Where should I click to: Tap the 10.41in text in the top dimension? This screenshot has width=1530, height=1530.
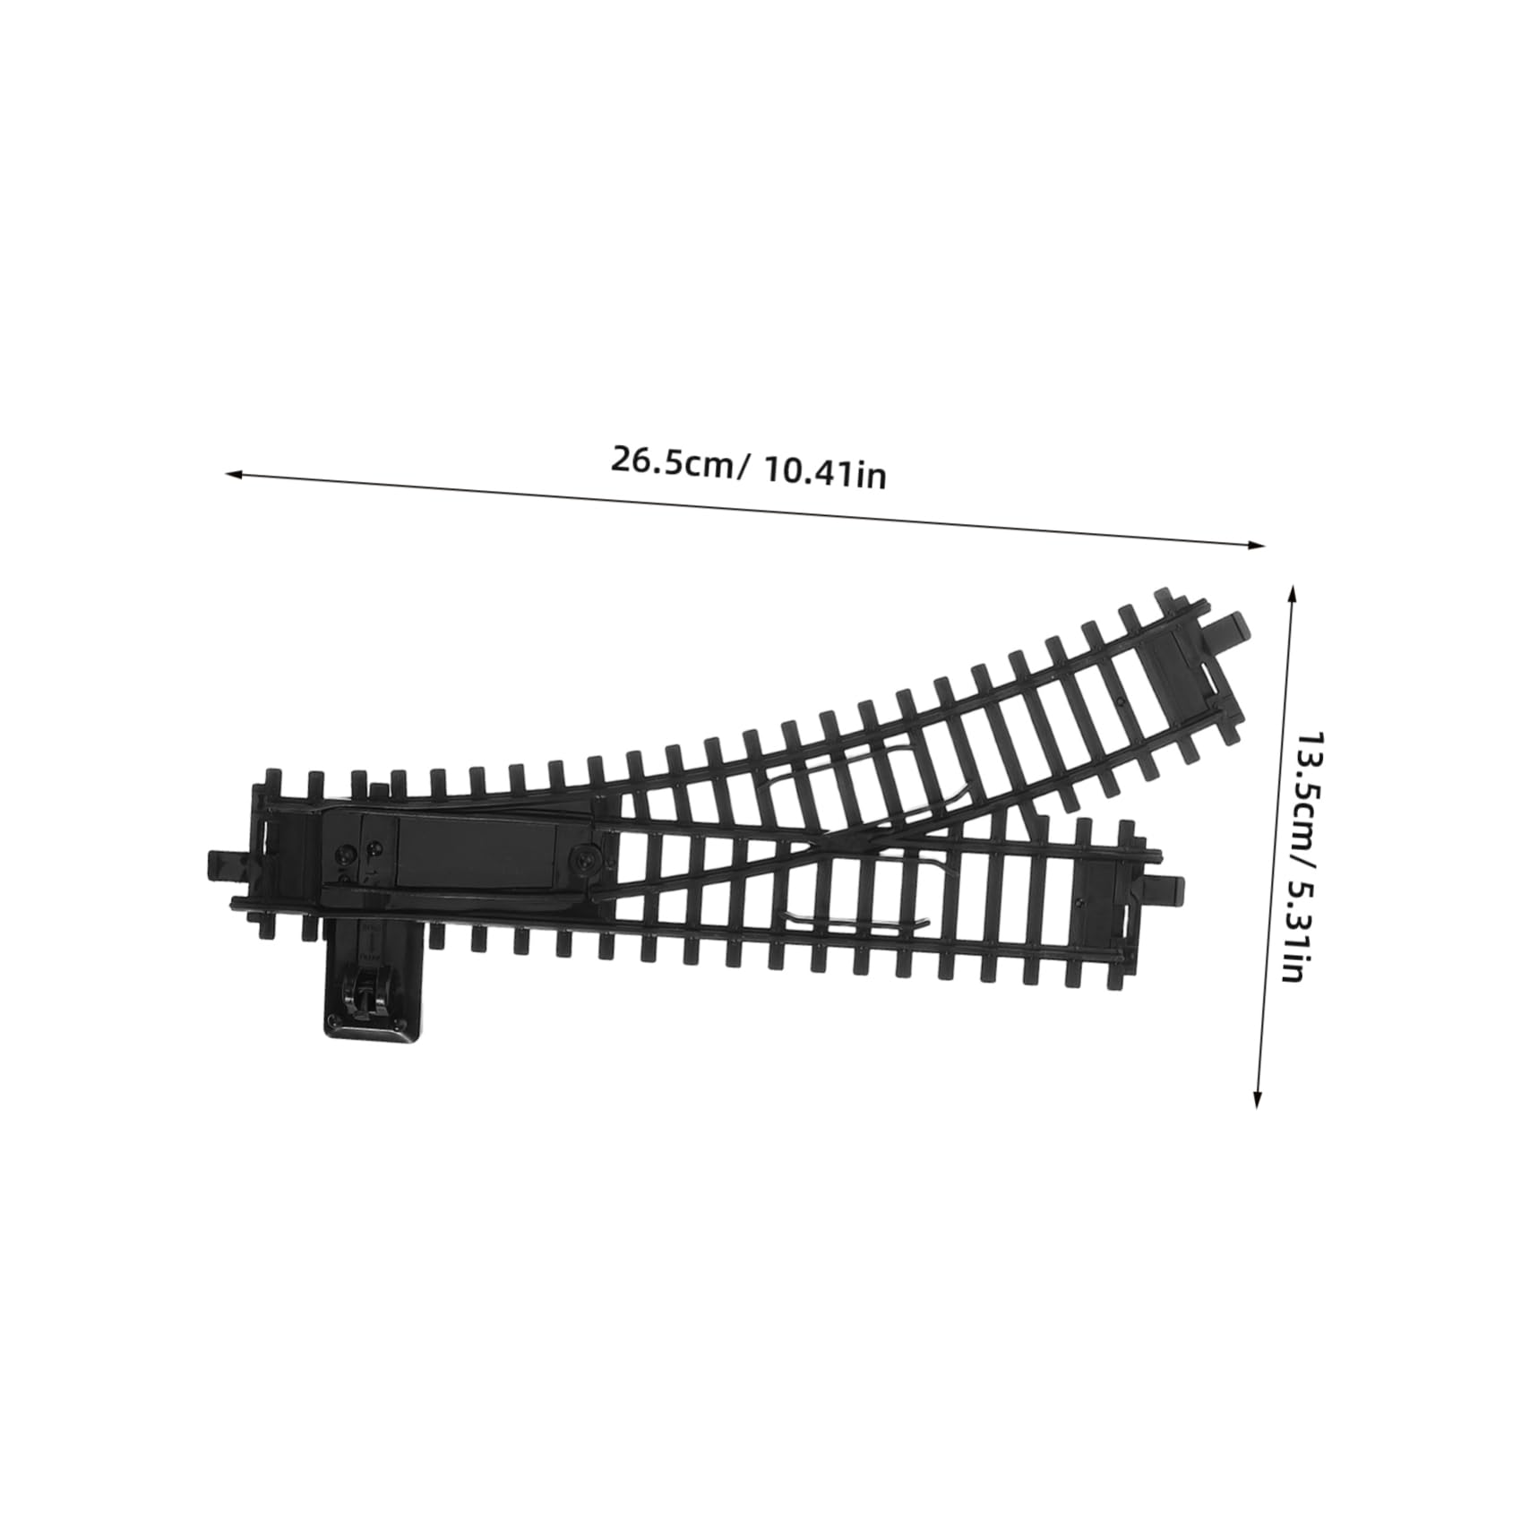click(824, 472)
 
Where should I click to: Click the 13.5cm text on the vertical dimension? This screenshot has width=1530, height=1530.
click(1313, 788)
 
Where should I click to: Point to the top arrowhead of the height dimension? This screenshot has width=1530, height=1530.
click(1291, 591)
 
